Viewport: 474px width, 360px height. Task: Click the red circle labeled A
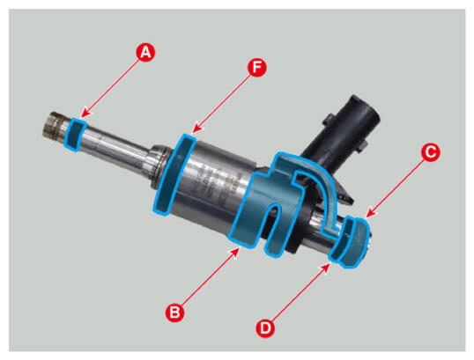[x=145, y=53]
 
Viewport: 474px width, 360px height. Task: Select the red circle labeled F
[x=257, y=68]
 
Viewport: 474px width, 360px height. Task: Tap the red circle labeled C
[x=431, y=152]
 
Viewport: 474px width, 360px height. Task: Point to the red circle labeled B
[x=175, y=312]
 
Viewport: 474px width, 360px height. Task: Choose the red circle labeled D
[x=265, y=327]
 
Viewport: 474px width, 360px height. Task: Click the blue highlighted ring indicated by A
[x=75, y=135]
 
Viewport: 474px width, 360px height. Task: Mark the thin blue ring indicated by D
[x=341, y=239]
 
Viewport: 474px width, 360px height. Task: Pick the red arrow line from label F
[x=222, y=103]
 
